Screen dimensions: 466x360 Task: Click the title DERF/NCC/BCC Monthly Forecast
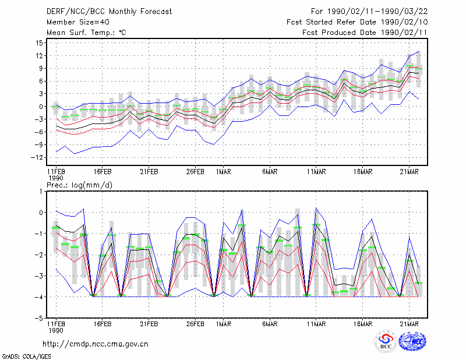point(109,12)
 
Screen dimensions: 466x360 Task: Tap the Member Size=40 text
point(78,22)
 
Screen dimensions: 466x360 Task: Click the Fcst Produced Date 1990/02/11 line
point(365,33)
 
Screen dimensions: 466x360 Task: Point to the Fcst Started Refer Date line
point(357,22)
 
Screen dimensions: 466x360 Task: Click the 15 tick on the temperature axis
point(39,43)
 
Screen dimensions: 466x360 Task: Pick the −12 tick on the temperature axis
point(37,157)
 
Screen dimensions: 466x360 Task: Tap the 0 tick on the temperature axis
point(41,107)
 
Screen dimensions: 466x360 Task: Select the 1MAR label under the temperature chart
point(224,172)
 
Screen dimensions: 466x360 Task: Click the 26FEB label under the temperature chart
point(195,172)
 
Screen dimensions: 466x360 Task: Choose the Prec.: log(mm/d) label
point(79,185)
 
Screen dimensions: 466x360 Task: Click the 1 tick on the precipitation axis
point(41,192)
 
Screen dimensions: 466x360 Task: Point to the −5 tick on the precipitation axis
point(39,319)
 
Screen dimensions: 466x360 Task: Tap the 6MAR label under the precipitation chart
point(270,324)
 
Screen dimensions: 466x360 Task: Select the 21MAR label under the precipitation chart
point(409,324)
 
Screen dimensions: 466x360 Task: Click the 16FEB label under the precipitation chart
point(103,324)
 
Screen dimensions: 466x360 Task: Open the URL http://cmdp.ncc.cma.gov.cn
point(96,344)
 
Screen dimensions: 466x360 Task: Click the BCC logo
point(386,341)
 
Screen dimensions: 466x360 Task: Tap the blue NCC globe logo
point(412,341)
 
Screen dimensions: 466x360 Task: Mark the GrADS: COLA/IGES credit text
point(27,357)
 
